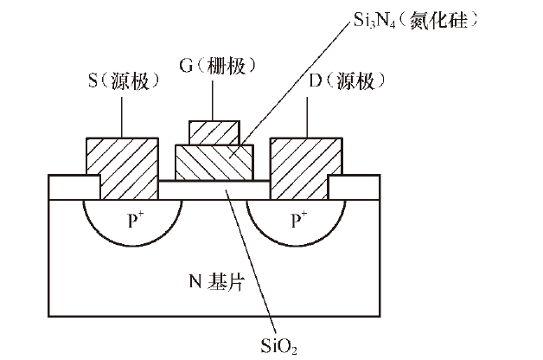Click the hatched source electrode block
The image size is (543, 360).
[122, 166]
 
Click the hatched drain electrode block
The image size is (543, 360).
[306, 166]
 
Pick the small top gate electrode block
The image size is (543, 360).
[214, 132]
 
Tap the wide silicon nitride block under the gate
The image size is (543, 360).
[214, 163]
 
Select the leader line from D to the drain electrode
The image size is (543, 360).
[307, 114]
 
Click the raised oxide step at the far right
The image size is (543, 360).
[355, 187]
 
